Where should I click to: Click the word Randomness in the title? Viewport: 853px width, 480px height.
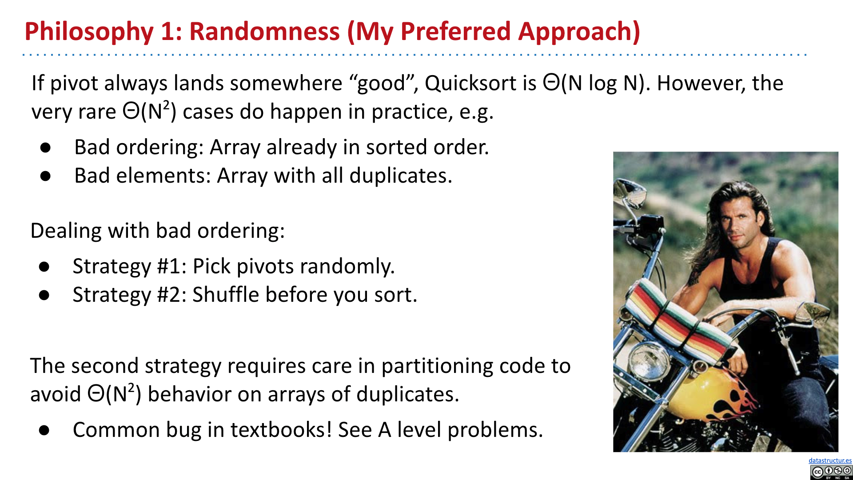point(264,32)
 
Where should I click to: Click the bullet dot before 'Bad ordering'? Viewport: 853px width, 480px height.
point(45,148)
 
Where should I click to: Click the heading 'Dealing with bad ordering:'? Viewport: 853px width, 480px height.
point(158,231)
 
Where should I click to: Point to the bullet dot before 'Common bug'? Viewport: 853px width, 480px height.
point(44,430)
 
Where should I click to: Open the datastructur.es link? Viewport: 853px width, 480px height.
point(830,460)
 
